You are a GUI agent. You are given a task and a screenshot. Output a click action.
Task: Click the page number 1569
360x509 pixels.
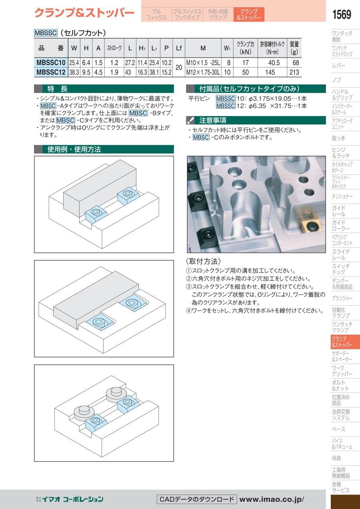(341, 14)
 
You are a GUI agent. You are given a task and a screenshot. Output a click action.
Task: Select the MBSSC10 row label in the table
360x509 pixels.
(51, 62)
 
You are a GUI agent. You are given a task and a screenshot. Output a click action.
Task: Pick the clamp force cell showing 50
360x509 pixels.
(245, 72)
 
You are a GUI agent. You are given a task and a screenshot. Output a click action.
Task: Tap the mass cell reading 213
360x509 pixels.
(294, 72)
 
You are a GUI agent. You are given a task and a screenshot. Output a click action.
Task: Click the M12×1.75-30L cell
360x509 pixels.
(203, 72)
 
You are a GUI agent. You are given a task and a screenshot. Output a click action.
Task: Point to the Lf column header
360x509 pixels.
(179, 48)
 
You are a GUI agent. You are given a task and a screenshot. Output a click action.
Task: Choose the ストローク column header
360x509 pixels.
(114, 48)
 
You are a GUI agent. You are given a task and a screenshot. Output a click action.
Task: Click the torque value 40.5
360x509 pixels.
(274, 63)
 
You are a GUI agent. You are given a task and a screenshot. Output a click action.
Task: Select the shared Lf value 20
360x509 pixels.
(179, 68)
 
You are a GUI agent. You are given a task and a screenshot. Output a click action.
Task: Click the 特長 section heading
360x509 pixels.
(58, 88)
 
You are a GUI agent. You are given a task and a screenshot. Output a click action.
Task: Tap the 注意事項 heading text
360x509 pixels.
(212, 120)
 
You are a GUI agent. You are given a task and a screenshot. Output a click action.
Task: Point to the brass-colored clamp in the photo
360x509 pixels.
(310, 222)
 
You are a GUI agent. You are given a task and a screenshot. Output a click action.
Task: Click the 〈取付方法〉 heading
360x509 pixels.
(203, 261)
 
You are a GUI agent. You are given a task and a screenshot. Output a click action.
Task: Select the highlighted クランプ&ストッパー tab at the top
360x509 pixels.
(249, 14)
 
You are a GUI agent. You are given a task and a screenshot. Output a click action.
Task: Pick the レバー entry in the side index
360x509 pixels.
(338, 66)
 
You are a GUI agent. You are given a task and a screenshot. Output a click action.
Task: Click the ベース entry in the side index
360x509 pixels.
(338, 429)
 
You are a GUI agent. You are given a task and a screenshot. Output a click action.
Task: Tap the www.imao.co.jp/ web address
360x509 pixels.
(272, 499)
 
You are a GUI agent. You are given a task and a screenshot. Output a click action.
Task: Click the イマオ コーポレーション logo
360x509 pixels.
(70, 499)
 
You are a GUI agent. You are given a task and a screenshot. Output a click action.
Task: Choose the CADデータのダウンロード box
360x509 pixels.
(197, 499)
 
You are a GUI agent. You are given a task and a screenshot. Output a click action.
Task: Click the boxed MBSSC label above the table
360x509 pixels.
(46, 33)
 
